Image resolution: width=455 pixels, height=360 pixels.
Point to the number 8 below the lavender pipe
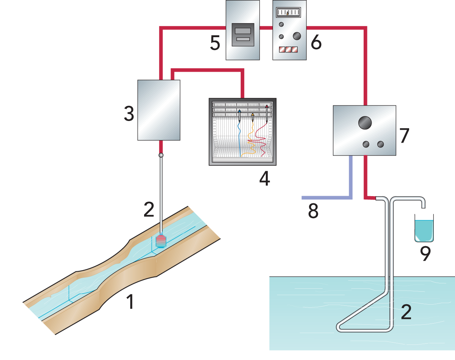313,211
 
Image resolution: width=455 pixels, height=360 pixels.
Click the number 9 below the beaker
425,254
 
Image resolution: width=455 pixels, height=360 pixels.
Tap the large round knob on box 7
365,123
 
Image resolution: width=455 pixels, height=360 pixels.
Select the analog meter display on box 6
288,14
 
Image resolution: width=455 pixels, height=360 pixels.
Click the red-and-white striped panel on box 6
288,49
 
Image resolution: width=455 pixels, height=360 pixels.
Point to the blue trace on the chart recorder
240,137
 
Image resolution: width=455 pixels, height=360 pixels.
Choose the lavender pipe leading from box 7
334,197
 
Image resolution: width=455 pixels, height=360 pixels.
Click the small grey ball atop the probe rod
161,155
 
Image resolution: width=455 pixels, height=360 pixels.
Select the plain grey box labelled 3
158,110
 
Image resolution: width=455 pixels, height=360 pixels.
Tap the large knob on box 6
297,36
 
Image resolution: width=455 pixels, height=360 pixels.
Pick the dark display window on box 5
243,35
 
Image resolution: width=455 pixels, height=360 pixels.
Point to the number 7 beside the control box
404,135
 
